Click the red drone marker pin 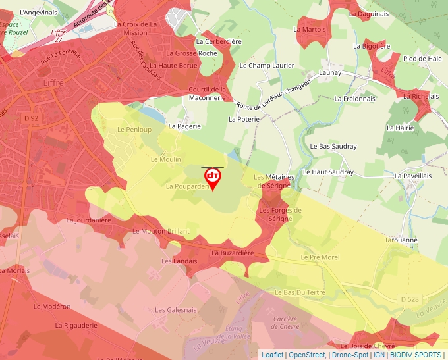click(x=212, y=178)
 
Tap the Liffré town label click(x=50, y=85)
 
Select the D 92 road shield click(x=31, y=118)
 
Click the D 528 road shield click(x=408, y=299)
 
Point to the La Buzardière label click(x=233, y=253)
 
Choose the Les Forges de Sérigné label click(x=280, y=214)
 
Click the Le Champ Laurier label click(x=266, y=66)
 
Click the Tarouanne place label click(x=401, y=240)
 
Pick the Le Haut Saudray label click(x=328, y=172)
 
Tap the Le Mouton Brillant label click(x=161, y=231)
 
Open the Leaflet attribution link click(x=272, y=355)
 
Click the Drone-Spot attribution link click(x=349, y=355)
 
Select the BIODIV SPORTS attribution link click(x=416, y=355)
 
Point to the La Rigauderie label click(x=76, y=325)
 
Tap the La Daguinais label click(x=369, y=13)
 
